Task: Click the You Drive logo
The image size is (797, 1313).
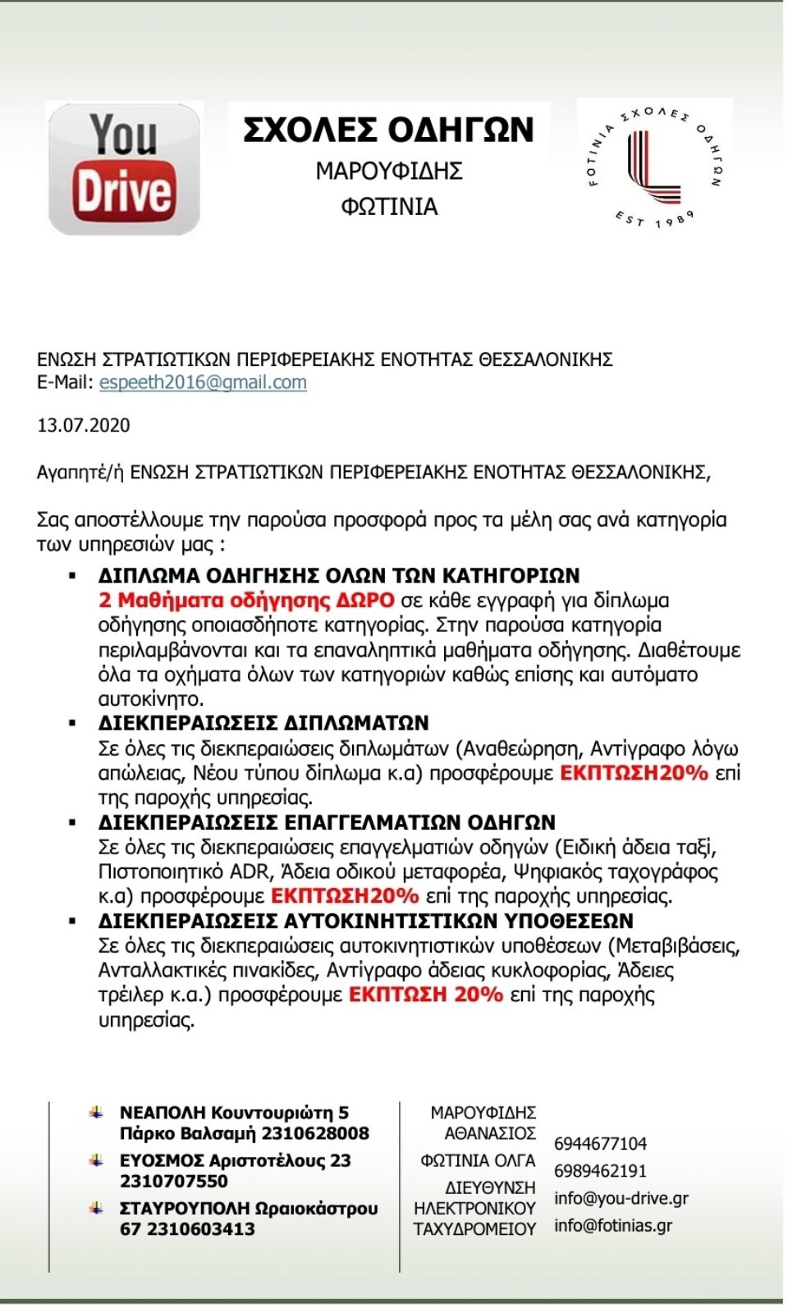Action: [x=124, y=169]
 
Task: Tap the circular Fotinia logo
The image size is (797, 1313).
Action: [x=654, y=167]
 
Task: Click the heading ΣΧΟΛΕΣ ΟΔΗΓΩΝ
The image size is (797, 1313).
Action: [x=388, y=130]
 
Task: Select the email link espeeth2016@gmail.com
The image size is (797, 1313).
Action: [x=203, y=382]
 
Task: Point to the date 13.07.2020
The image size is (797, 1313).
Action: [x=84, y=425]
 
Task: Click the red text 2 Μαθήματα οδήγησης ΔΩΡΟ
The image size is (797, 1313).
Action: [x=246, y=601]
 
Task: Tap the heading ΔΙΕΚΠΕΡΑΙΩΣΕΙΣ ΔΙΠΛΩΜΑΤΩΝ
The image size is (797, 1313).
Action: [x=263, y=723]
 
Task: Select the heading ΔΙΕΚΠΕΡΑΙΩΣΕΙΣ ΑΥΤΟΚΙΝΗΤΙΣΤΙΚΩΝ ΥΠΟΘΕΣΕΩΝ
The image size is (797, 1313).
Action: [x=365, y=921]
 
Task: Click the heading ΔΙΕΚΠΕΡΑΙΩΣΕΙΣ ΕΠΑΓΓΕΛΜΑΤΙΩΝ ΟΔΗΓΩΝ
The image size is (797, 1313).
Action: [x=327, y=822]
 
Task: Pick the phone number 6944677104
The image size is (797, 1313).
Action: [x=600, y=1143]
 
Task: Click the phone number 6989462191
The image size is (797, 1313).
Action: [x=600, y=1170]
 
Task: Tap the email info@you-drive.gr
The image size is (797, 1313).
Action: [x=621, y=1198]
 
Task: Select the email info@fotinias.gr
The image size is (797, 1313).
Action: [x=612, y=1225]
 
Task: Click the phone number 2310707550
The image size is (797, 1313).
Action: [x=174, y=1181]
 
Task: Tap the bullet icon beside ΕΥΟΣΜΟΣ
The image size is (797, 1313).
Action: [x=96, y=1160]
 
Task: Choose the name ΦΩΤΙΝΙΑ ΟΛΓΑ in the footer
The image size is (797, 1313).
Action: [x=478, y=1160]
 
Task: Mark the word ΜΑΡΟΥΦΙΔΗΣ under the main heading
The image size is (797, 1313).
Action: [x=389, y=171]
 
